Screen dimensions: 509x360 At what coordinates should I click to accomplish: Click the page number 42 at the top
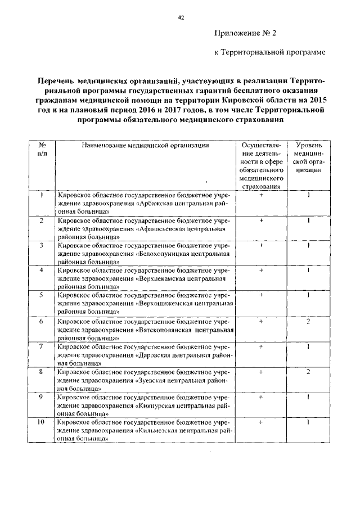click(x=181, y=17)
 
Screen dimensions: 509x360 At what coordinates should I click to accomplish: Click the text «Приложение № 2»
click(x=246, y=33)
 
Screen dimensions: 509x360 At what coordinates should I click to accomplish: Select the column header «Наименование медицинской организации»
click(x=145, y=145)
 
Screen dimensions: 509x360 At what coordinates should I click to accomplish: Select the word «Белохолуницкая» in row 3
click(x=167, y=254)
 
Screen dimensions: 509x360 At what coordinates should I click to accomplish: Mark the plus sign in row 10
click(x=262, y=422)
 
